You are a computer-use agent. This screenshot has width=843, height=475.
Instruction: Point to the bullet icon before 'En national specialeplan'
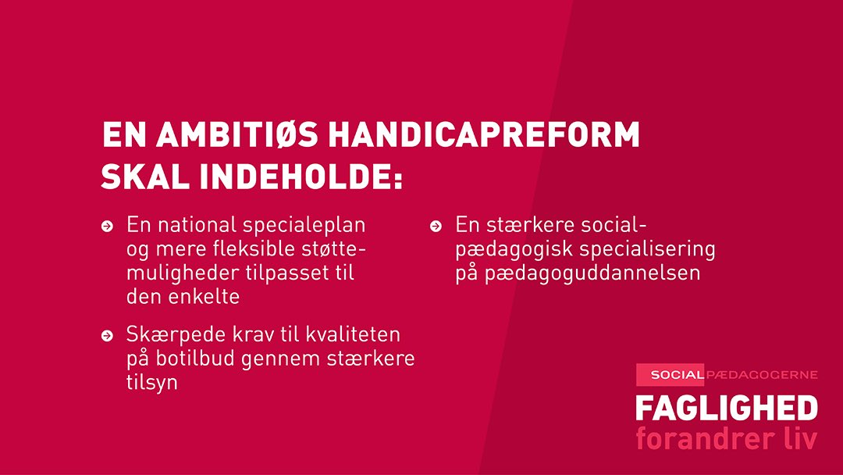pos(107,227)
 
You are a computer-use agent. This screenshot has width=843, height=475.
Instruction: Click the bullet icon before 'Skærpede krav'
pos(107,337)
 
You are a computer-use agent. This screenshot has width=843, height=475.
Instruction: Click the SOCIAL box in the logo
pos(670,375)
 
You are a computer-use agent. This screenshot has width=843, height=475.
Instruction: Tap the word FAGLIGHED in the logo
pos(726,408)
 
